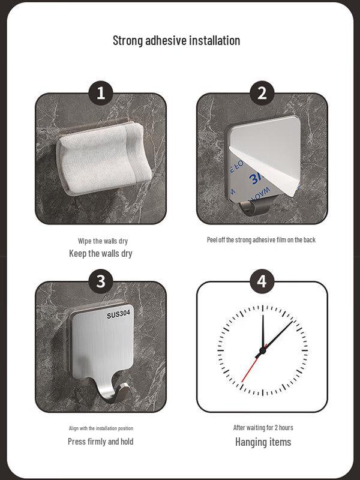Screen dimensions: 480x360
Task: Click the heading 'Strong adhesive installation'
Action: pyautogui.click(x=176, y=40)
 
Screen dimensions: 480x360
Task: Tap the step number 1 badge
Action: pyautogui.click(x=101, y=93)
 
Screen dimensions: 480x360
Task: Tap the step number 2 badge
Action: pyautogui.click(x=262, y=93)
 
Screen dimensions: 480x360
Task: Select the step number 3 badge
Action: pyautogui.click(x=101, y=281)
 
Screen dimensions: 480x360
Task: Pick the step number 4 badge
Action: pyautogui.click(x=262, y=281)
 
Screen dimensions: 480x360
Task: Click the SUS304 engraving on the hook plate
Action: pyautogui.click(x=118, y=314)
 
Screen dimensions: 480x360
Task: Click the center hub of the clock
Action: pyautogui.click(x=262, y=350)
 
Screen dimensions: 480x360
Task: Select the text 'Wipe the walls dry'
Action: pyautogui.click(x=103, y=241)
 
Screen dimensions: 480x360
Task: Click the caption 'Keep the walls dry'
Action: pyautogui.click(x=101, y=253)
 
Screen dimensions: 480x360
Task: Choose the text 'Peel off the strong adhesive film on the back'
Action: pyautogui.click(x=261, y=239)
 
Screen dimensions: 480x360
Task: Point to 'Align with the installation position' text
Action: pyautogui.click(x=101, y=428)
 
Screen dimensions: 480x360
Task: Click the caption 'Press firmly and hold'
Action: pyautogui.click(x=101, y=442)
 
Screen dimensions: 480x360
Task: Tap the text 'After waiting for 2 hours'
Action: pyautogui.click(x=263, y=427)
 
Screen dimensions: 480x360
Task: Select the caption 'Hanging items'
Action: pyautogui.click(x=263, y=442)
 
